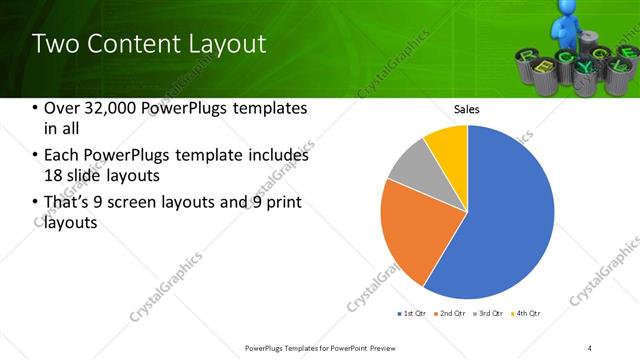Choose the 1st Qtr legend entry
(411, 314)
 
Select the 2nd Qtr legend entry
(450, 314)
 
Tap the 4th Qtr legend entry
(527, 314)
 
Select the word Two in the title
(54, 44)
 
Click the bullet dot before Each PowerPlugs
(35, 156)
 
